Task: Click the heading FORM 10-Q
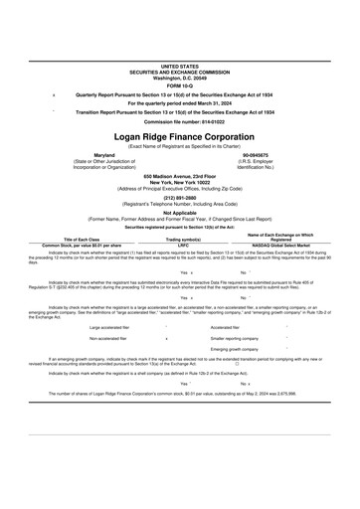pos(179,85)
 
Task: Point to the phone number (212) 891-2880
pos(179,196)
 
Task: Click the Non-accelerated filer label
pos(111,338)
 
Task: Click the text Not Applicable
pos(179,211)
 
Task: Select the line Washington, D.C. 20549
pos(179,78)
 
